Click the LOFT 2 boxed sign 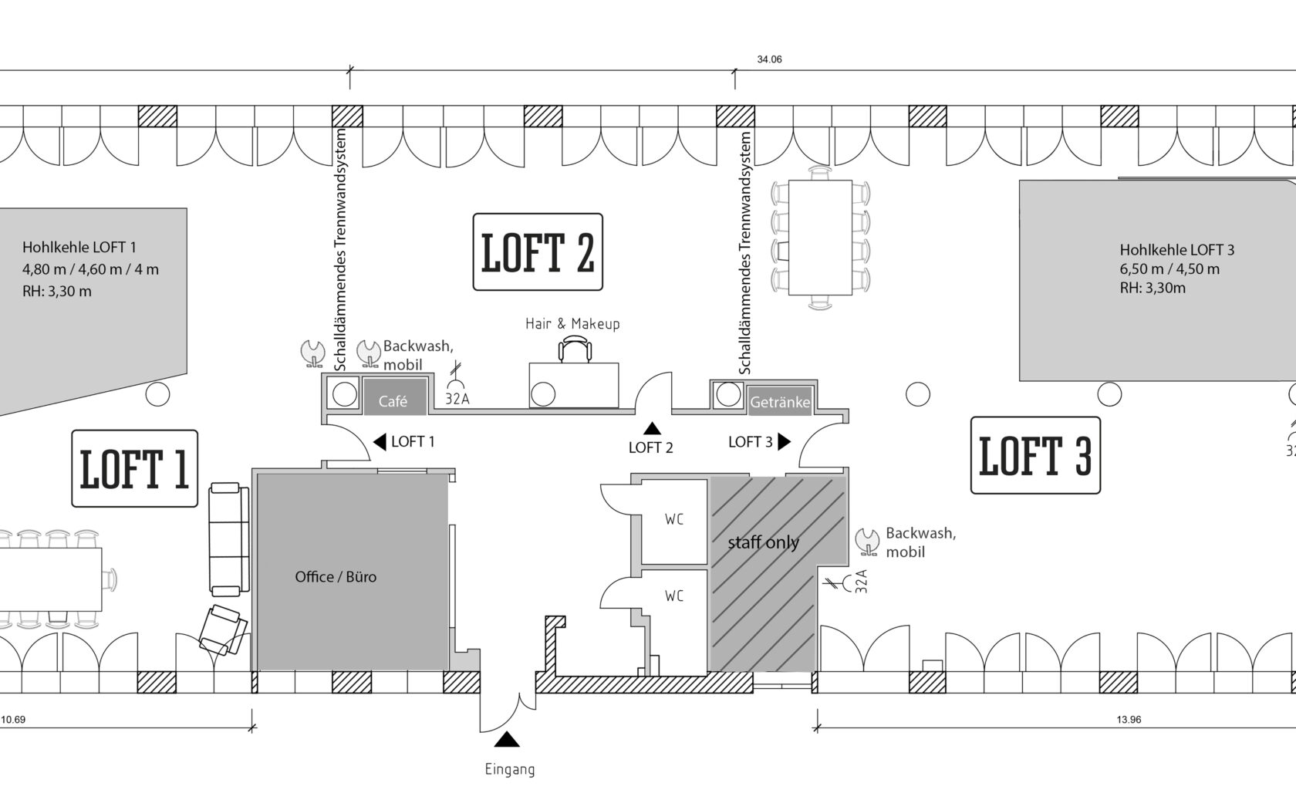tap(538, 251)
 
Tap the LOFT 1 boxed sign tap(134, 469)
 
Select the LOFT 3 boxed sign tap(1035, 455)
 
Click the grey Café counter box tap(395, 397)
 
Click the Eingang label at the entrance tap(510, 770)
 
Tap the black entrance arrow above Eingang tap(507, 739)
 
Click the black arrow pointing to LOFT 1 tap(380, 441)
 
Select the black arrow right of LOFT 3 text tap(784, 441)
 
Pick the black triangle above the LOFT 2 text tap(652, 428)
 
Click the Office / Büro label tap(336, 577)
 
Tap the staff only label tap(763, 542)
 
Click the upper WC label tap(674, 519)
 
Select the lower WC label tap(674, 596)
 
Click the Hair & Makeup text tap(572, 323)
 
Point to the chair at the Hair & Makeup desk tap(575, 350)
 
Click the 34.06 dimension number tap(770, 59)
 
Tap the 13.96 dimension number tap(1129, 720)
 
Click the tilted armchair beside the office tap(223, 630)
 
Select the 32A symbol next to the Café tap(457, 384)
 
